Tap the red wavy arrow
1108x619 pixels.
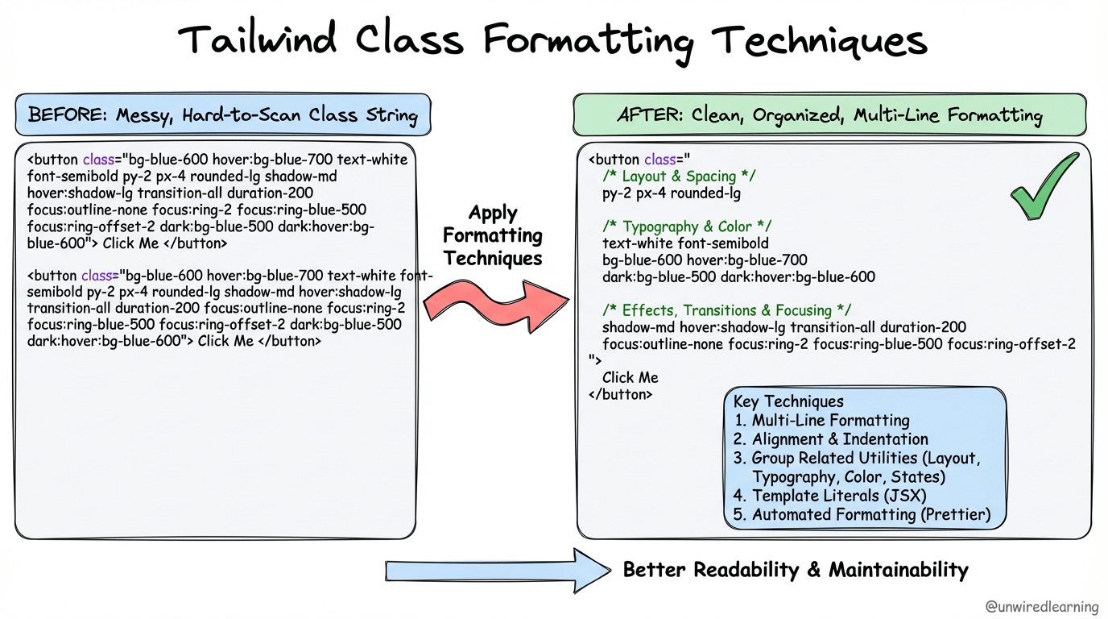[494, 304]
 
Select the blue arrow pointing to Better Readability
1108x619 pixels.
[497, 571]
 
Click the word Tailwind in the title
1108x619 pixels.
[257, 39]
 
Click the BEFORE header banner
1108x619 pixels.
[223, 114]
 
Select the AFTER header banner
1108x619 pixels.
[829, 114]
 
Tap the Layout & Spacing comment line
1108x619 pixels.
[679, 177]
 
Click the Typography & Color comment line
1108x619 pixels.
[687, 226]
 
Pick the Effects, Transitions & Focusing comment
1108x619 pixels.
[726, 310]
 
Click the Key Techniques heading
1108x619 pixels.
[788, 401]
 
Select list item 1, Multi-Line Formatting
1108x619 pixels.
[821, 421]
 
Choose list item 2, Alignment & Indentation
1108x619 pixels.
[831, 439]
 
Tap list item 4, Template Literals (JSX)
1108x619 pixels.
[830, 496]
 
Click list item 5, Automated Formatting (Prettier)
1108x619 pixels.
[862, 514]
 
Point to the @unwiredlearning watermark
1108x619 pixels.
[1042, 607]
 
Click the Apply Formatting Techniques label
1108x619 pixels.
[493, 235]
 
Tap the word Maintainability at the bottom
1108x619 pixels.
[899, 570]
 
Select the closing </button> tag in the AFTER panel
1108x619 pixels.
[620, 395]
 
